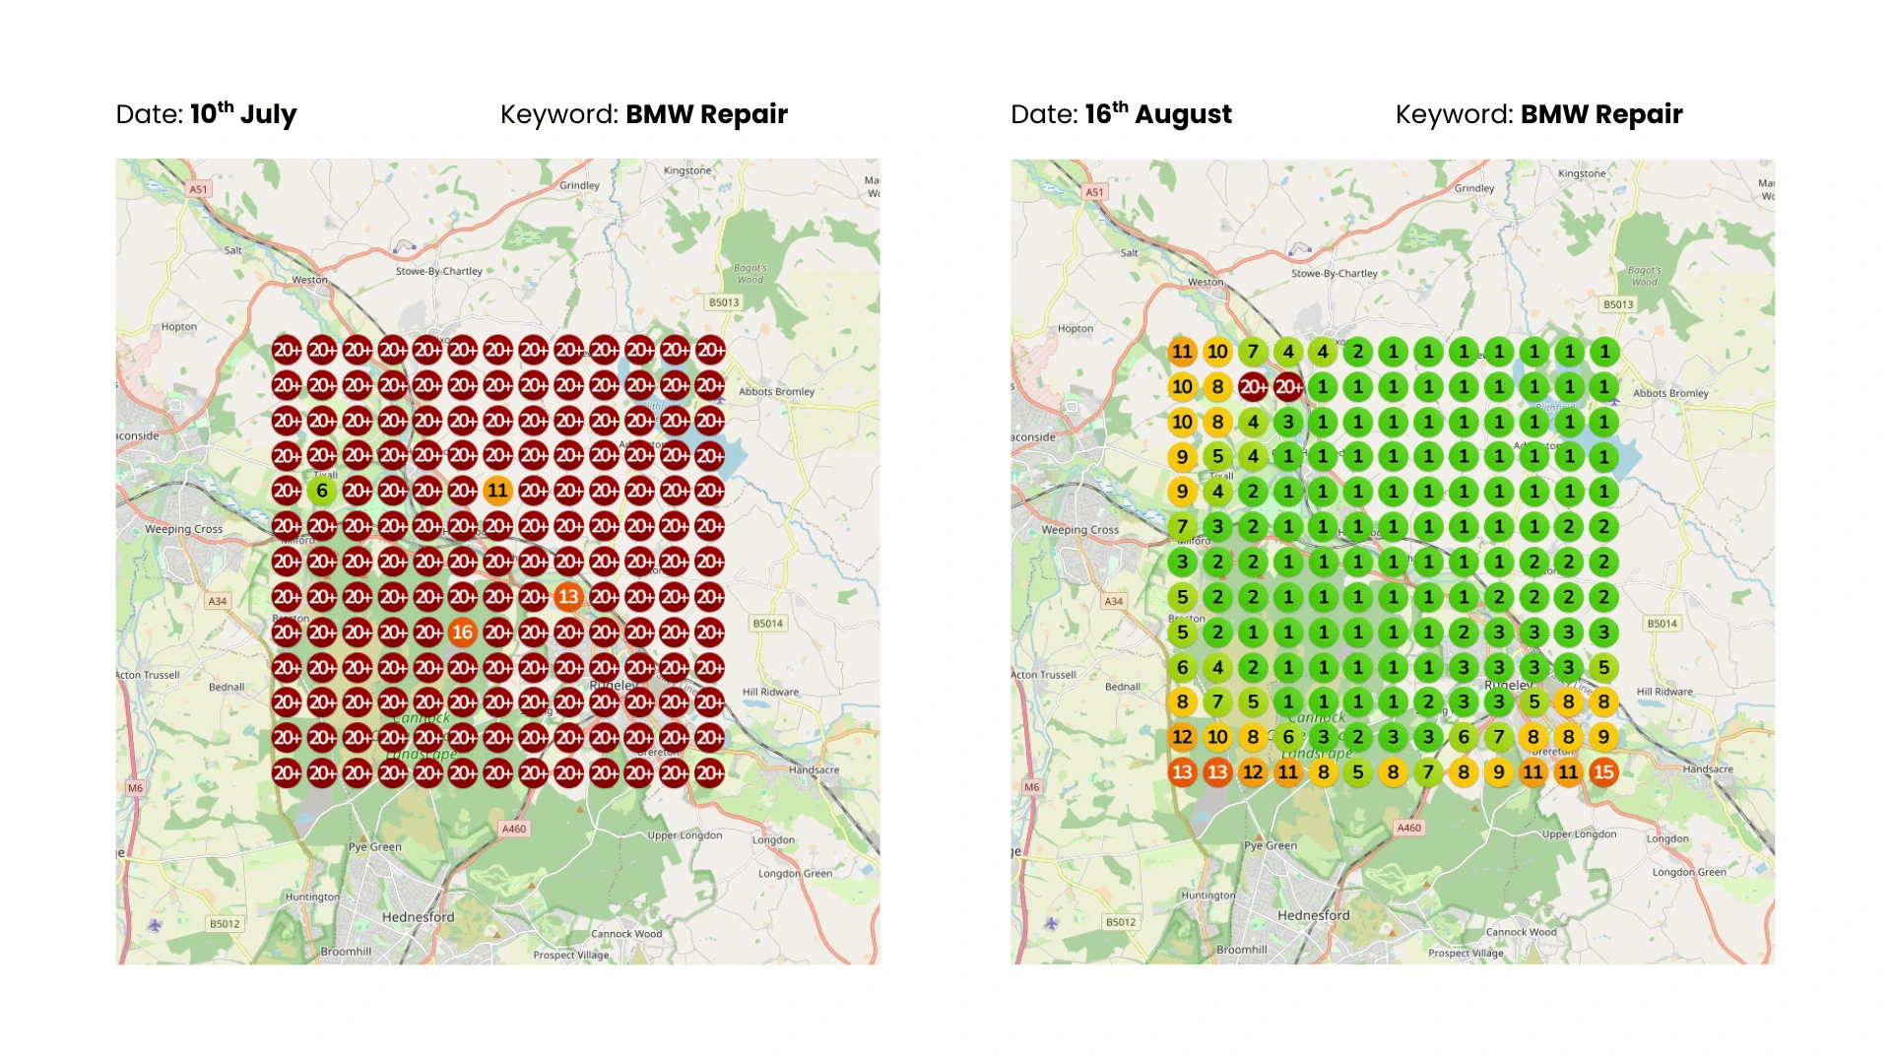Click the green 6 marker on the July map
coord(322,491)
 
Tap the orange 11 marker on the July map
coord(497,491)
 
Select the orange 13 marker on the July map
coord(568,597)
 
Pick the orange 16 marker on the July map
coord(463,632)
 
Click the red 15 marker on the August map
coord(1603,772)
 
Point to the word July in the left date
coord(268,115)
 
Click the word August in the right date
coord(1183,115)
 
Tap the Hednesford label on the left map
coord(418,917)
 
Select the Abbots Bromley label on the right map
coord(1670,393)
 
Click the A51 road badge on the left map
coord(199,189)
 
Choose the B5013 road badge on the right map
coord(1618,304)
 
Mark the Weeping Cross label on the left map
coord(184,529)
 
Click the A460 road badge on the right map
coord(1409,828)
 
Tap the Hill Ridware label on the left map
coord(770,692)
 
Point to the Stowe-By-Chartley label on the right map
coord(1335,274)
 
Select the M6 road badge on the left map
coord(135,788)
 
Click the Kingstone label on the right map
coord(1582,173)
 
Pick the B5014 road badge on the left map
coord(768,624)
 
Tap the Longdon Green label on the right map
coord(1689,872)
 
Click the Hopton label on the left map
coord(179,327)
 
